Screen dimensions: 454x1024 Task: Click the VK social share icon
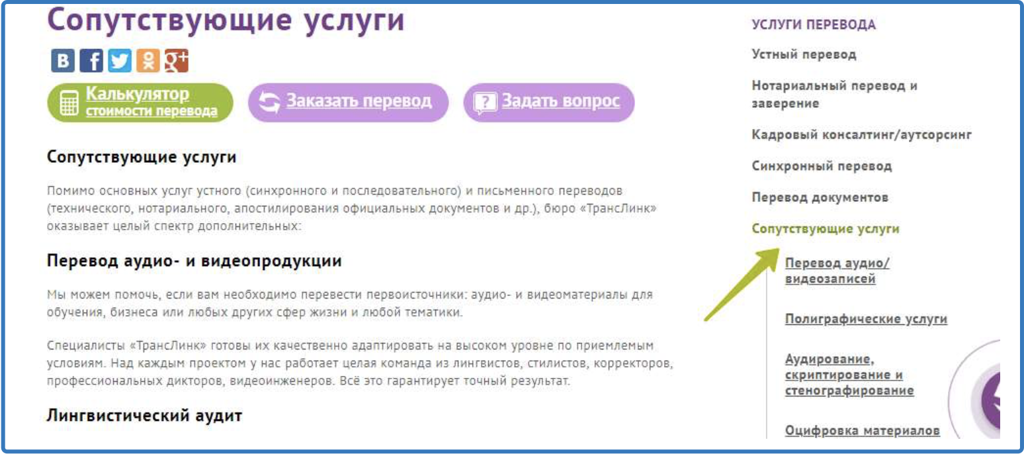coord(63,61)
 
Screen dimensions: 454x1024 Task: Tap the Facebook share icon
coord(91,61)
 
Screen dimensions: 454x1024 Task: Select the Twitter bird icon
coord(120,61)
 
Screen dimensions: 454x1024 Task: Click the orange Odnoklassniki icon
coord(148,61)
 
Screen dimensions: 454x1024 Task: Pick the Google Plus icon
coord(176,61)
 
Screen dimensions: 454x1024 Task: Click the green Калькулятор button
coord(140,103)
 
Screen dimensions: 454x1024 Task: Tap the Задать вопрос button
coord(549,102)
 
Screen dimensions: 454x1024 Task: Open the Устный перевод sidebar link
coord(804,54)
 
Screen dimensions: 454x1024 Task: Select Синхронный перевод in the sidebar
coord(822,165)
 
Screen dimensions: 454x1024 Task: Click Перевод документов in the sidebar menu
coord(820,197)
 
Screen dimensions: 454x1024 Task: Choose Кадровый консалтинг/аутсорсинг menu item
coord(861,134)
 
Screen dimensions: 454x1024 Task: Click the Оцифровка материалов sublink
coord(862,431)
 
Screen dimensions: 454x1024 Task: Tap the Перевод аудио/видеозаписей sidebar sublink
coord(837,271)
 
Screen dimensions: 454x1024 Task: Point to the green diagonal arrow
coord(741,285)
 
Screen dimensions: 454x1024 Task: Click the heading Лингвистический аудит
coord(144,416)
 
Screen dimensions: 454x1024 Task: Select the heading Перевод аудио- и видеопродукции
coord(194,261)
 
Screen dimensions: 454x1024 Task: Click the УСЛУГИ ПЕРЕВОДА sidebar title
coord(814,25)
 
